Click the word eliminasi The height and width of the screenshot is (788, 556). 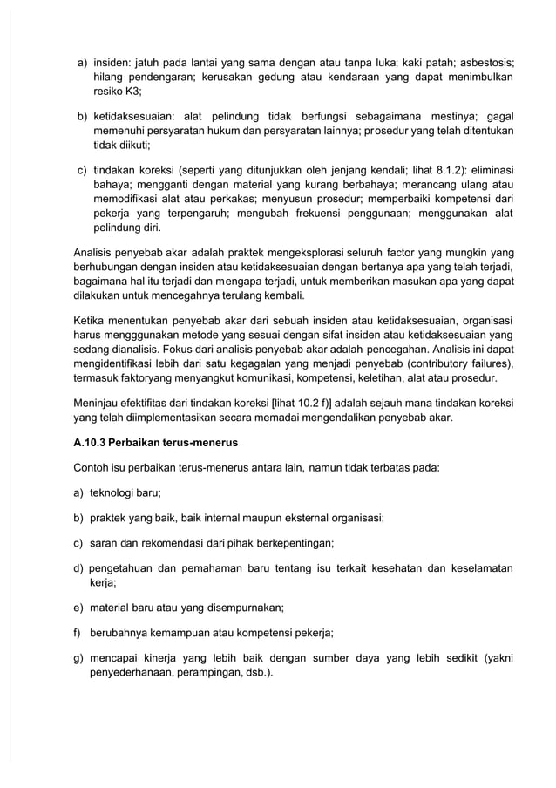click(487, 170)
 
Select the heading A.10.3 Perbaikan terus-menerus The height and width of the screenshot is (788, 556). click(155, 442)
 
